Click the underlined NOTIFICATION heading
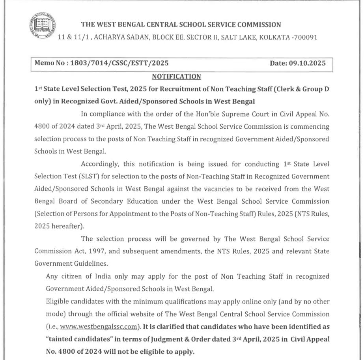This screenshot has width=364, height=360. point(176,77)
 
